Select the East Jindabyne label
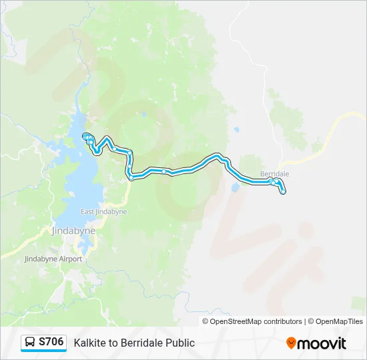pyautogui.click(x=103, y=212)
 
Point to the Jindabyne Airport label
pyautogui.click(x=53, y=259)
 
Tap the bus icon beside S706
pyautogui.click(x=30, y=343)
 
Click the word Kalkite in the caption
pyautogui.click(x=89, y=343)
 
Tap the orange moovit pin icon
pyautogui.click(x=291, y=343)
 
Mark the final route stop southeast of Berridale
pyautogui.click(x=284, y=192)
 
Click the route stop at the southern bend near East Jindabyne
pyautogui.click(x=131, y=178)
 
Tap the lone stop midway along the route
pyautogui.click(x=164, y=171)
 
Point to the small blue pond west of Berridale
pyautogui.click(x=235, y=188)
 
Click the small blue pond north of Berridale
pyautogui.click(x=236, y=131)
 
